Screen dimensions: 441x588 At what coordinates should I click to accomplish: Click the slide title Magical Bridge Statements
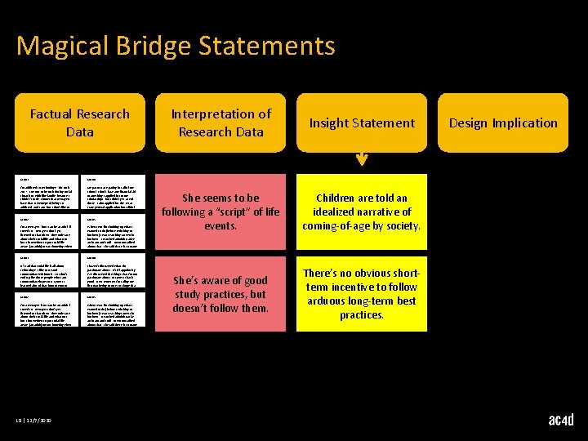(176, 46)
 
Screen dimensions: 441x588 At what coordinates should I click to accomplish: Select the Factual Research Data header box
(79, 122)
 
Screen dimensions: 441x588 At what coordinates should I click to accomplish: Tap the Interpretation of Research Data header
(220, 122)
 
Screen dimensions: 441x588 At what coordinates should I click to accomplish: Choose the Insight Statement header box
(361, 122)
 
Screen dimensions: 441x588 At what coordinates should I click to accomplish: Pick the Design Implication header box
(502, 122)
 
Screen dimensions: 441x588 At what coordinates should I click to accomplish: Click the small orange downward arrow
(362, 159)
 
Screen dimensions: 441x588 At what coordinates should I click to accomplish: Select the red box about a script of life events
(220, 212)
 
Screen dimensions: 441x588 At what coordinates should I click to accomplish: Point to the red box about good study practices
(220, 293)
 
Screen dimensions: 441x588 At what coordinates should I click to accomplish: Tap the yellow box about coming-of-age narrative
(361, 212)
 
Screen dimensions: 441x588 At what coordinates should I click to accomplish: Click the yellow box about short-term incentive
(361, 293)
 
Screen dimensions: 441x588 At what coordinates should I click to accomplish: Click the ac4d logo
(561, 420)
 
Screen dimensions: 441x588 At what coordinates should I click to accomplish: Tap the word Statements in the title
(274, 46)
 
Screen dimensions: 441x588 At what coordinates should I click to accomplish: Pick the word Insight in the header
(332, 122)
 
